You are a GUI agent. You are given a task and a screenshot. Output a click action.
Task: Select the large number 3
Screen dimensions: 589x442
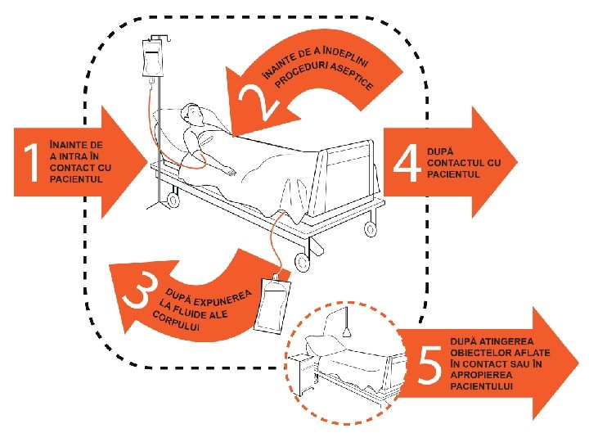(139, 290)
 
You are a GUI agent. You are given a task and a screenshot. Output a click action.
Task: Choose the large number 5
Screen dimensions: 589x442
(429, 366)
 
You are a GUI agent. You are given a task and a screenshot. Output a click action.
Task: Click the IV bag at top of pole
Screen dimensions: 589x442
(153, 61)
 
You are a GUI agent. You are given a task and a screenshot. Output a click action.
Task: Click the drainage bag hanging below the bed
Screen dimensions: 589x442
(270, 305)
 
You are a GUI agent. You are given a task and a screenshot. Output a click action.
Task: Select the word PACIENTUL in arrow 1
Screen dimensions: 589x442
(76, 179)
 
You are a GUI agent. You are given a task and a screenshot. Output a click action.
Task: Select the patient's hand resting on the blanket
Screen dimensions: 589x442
(232, 172)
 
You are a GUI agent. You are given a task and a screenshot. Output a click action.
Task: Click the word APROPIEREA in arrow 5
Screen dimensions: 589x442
(484, 374)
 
